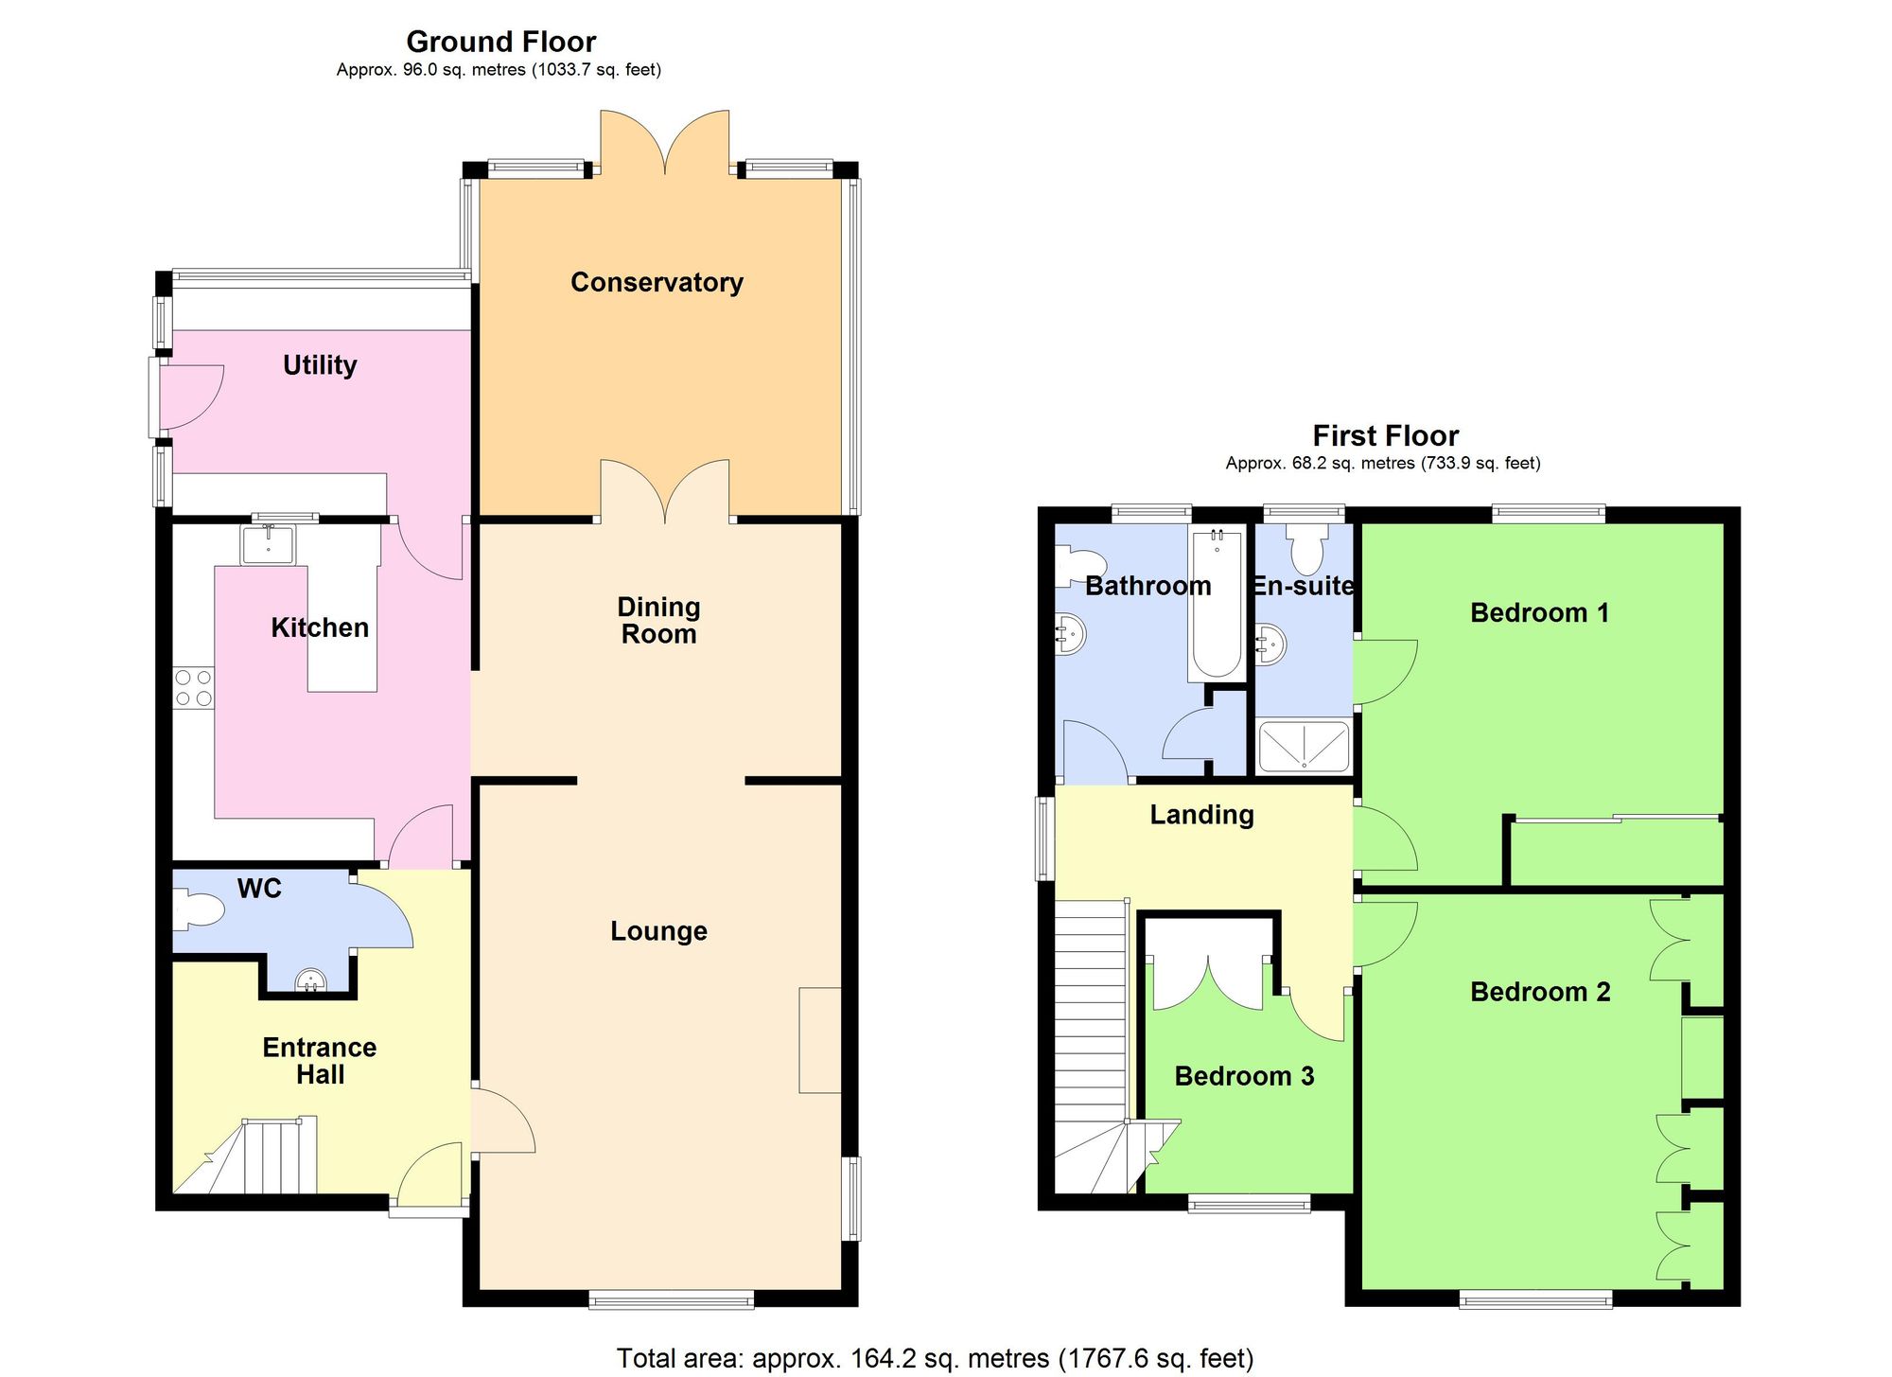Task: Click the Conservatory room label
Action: [x=657, y=282]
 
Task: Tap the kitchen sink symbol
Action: [x=268, y=545]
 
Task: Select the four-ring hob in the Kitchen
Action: [x=193, y=688]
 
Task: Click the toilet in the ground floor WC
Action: [x=198, y=911]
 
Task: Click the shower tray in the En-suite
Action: [x=1303, y=746]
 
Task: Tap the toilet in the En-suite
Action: [x=1308, y=550]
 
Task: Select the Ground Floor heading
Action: [x=500, y=42]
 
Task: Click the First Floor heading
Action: [x=1385, y=435]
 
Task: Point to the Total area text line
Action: [x=935, y=1358]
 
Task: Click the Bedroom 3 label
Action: [x=1244, y=1076]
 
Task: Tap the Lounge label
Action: [x=658, y=931]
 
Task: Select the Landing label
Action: [x=1201, y=815]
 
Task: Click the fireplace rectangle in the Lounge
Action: [x=820, y=1040]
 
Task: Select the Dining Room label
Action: [x=658, y=621]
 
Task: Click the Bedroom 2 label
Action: [x=1539, y=992]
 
